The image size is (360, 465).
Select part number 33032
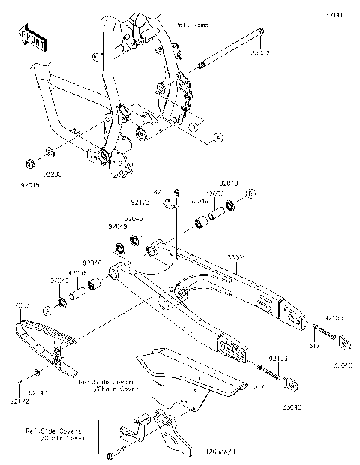coord(260,54)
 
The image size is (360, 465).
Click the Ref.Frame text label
coord(191,25)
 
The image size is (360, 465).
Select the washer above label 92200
coord(49,153)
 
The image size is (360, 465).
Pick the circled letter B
coord(251,194)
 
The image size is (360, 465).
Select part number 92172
coord(20,402)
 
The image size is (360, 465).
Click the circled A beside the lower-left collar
coord(46,309)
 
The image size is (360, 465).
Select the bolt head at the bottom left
coord(112,454)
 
